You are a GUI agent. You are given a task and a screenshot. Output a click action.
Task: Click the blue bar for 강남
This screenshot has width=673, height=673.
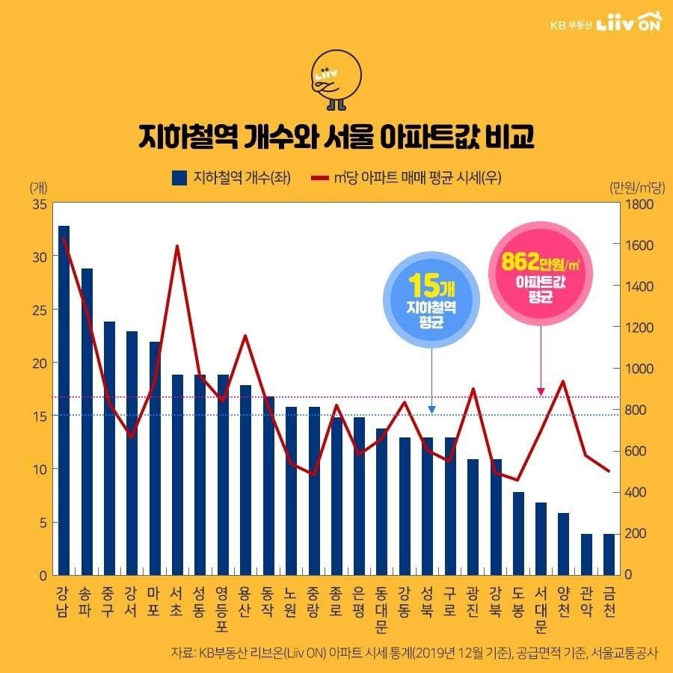click(x=64, y=400)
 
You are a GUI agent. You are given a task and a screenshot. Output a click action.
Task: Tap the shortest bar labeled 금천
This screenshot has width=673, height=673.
click(x=609, y=554)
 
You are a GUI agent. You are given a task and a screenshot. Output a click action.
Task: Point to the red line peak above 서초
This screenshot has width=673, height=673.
click(x=177, y=246)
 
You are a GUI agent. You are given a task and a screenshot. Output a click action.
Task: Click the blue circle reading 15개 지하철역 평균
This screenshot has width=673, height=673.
click(x=432, y=302)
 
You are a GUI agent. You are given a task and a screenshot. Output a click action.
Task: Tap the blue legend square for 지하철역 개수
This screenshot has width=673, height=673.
click(x=179, y=178)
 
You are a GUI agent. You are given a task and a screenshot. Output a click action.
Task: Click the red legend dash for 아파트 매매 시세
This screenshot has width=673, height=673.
click(x=319, y=178)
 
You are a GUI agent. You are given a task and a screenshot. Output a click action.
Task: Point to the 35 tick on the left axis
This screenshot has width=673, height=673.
click(x=40, y=203)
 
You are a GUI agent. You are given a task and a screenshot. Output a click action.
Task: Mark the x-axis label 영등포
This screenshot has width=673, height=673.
click(x=223, y=610)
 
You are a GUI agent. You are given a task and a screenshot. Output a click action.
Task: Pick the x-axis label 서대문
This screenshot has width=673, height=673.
click(x=541, y=610)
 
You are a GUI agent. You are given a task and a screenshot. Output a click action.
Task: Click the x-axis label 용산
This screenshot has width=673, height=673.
click(x=245, y=602)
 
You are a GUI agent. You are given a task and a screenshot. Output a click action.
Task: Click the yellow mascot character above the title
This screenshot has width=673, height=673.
click(x=336, y=79)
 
